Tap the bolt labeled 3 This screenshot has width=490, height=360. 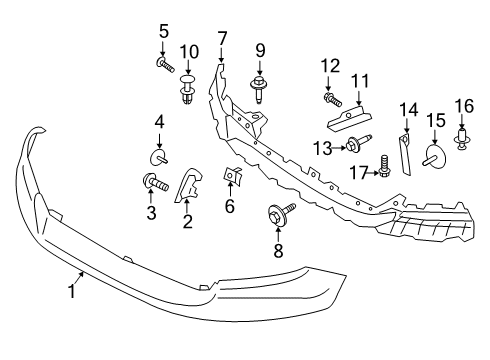pos(156,183)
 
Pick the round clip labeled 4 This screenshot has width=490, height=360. pos(159,156)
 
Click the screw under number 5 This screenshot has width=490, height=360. pos(163,65)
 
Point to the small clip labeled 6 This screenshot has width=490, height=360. pos(230,177)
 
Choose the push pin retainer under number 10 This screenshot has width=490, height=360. pos(188,87)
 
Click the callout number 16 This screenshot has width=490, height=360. pos(463,105)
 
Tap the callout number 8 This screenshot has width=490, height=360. pos(278,252)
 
